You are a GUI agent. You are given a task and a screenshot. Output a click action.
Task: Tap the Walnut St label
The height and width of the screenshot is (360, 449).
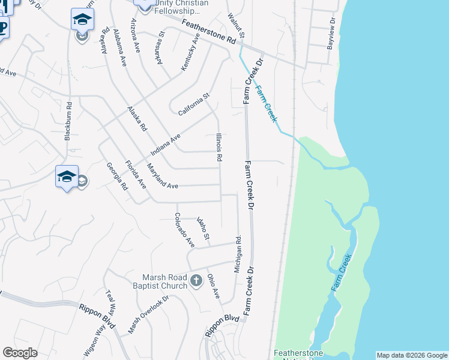[x=237, y=28]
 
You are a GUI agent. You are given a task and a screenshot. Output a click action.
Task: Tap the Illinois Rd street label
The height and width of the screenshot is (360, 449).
[x=220, y=148]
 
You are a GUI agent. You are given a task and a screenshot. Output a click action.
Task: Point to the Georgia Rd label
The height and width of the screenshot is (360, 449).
[x=118, y=176]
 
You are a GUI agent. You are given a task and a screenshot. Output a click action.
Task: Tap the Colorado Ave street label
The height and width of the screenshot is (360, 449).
[x=184, y=230]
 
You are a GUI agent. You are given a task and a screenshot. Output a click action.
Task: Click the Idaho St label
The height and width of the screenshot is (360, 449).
[x=203, y=229]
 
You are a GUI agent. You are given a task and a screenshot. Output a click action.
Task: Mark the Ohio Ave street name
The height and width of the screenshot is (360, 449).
[x=214, y=286]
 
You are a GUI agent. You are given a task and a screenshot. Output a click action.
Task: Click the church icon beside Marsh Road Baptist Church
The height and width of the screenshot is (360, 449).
[x=196, y=280]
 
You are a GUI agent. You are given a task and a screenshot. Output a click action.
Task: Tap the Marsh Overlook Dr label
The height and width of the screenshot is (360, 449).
[x=148, y=315]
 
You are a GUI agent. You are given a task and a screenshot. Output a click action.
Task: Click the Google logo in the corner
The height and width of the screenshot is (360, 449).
[x=20, y=353]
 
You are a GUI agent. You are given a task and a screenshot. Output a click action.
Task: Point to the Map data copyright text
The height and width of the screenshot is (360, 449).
[x=412, y=355]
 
